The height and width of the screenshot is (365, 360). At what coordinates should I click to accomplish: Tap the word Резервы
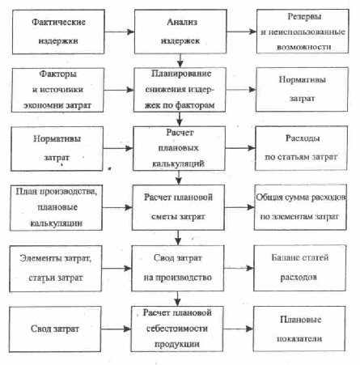[304, 17]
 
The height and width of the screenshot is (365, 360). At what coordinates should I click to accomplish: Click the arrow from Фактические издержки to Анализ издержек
[120, 32]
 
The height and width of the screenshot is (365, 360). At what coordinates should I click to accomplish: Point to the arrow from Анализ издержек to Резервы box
[242, 32]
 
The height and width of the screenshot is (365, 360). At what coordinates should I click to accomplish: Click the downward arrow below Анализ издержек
[180, 61]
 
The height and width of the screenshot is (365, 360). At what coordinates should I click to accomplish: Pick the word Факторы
[58, 74]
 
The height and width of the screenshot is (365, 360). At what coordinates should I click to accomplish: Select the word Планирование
[181, 74]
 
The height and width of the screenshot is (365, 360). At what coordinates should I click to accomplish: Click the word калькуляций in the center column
[178, 163]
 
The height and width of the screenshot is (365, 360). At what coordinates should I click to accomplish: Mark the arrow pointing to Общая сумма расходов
[239, 207]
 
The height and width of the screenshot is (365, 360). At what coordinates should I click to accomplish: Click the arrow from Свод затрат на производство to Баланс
[239, 268]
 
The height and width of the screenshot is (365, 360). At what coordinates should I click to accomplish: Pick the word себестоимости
[177, 329]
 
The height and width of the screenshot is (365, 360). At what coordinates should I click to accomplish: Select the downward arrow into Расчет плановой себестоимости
[177, 299]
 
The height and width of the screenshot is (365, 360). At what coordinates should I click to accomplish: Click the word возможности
[303, 47]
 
